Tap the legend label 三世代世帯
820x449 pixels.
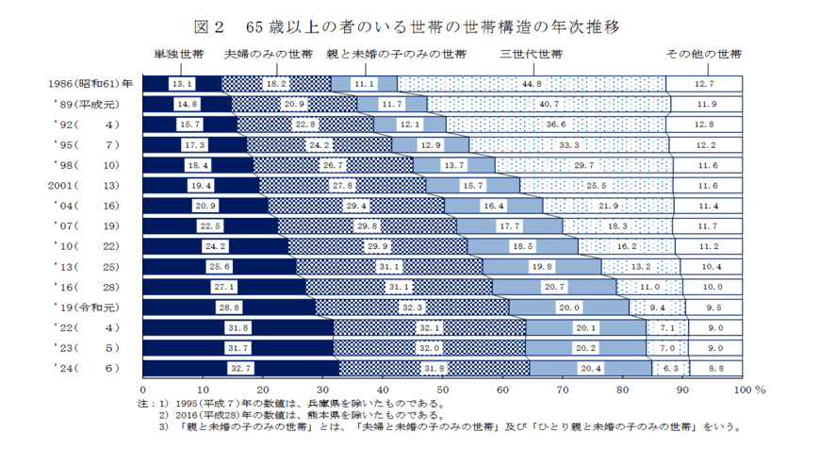pyautogui.click(x=532, y=54)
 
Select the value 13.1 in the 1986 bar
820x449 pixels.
pyautogui.click(x=182, y=84)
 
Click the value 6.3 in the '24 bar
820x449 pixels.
pyautogui.click(x=671, y=367)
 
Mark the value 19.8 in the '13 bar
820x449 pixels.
pyautogui.click(x=541, y=266)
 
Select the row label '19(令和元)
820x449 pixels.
pyautogui.click(x=87, y=307)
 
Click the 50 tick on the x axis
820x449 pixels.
pyautogui.click(x=442, y=389)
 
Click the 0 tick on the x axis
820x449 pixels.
pyautogui.click(x=143, y=389)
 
